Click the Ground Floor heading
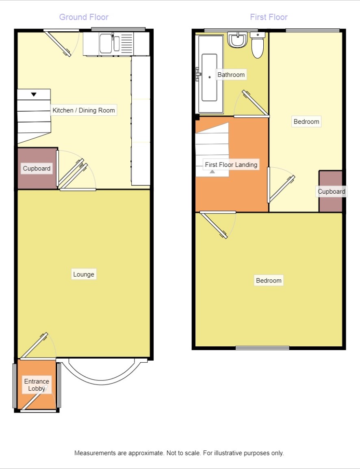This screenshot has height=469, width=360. [x=84, y=17]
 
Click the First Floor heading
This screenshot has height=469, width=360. [x=269, y=17]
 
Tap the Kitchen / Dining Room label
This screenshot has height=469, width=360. [x=84, y=110]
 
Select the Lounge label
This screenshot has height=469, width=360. [x=84, y=274]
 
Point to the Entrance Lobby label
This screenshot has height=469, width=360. [x=37, y=385]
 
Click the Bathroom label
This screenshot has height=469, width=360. [x=231, y=75]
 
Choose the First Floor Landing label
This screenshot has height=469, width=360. [x=231, y=165]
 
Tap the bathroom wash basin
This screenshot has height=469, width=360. [x=237, y=40]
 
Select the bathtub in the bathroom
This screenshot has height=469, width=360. [x=210, y=74]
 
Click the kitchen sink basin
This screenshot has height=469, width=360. [x=106, y=44]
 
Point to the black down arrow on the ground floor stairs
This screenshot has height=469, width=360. [x=34, y=95]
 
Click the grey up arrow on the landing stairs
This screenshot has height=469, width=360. [x=212, y=172]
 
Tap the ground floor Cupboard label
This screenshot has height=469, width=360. [x=37, y=169]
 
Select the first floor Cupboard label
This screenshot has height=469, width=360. [x=331, y=191]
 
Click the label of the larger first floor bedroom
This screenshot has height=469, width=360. [x=269, y=281]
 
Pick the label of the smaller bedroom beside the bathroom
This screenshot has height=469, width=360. [x=306, y=122]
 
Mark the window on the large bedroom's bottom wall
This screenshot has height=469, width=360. [x=262, y=348]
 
